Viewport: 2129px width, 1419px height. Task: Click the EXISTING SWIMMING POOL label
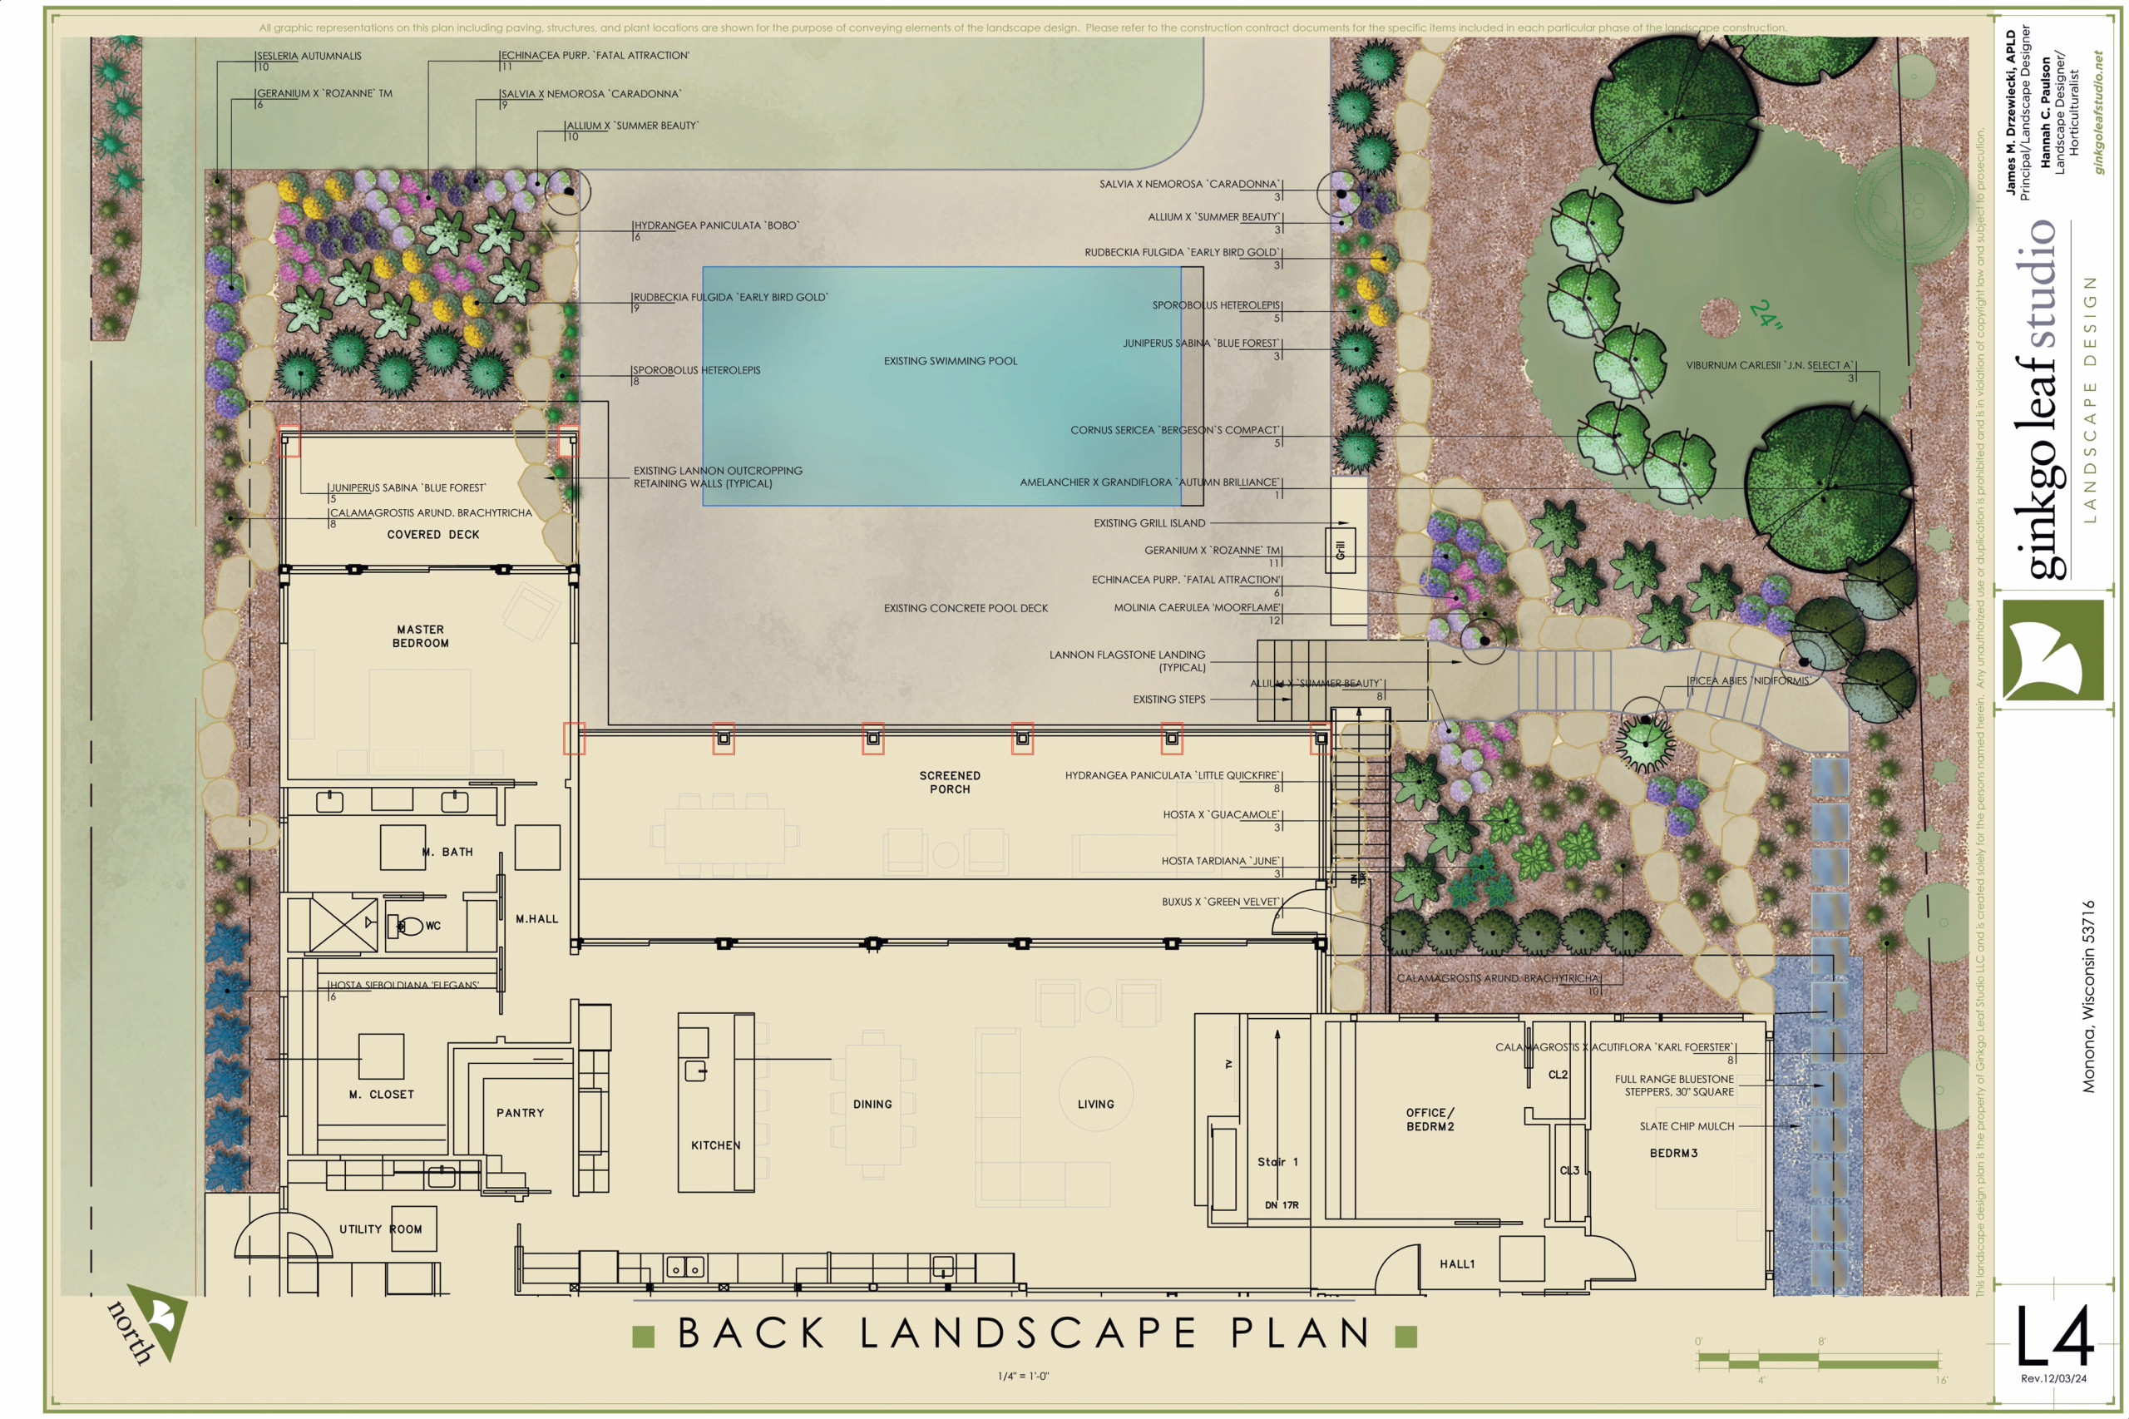(950, 361)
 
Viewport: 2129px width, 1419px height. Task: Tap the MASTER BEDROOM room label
(420, 636)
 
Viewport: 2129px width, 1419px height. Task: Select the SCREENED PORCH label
(949, 782)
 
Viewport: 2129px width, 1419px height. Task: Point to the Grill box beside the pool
(1341, 549)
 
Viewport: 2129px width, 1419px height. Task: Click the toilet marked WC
(410, 926)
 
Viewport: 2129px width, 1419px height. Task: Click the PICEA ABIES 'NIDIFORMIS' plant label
(1748, 680)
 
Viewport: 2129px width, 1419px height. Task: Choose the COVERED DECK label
(432, 535)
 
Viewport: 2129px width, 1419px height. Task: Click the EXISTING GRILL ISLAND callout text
(1149, 523)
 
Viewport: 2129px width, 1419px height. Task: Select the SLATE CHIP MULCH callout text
(1687, 1127)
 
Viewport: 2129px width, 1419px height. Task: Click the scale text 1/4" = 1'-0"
(1022, 1377)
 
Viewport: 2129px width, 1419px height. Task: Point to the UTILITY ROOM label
(380, 1229)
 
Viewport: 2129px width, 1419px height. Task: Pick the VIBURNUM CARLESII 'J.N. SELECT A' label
(1769, 366)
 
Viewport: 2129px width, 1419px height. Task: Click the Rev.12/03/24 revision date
(2053, 1378)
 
